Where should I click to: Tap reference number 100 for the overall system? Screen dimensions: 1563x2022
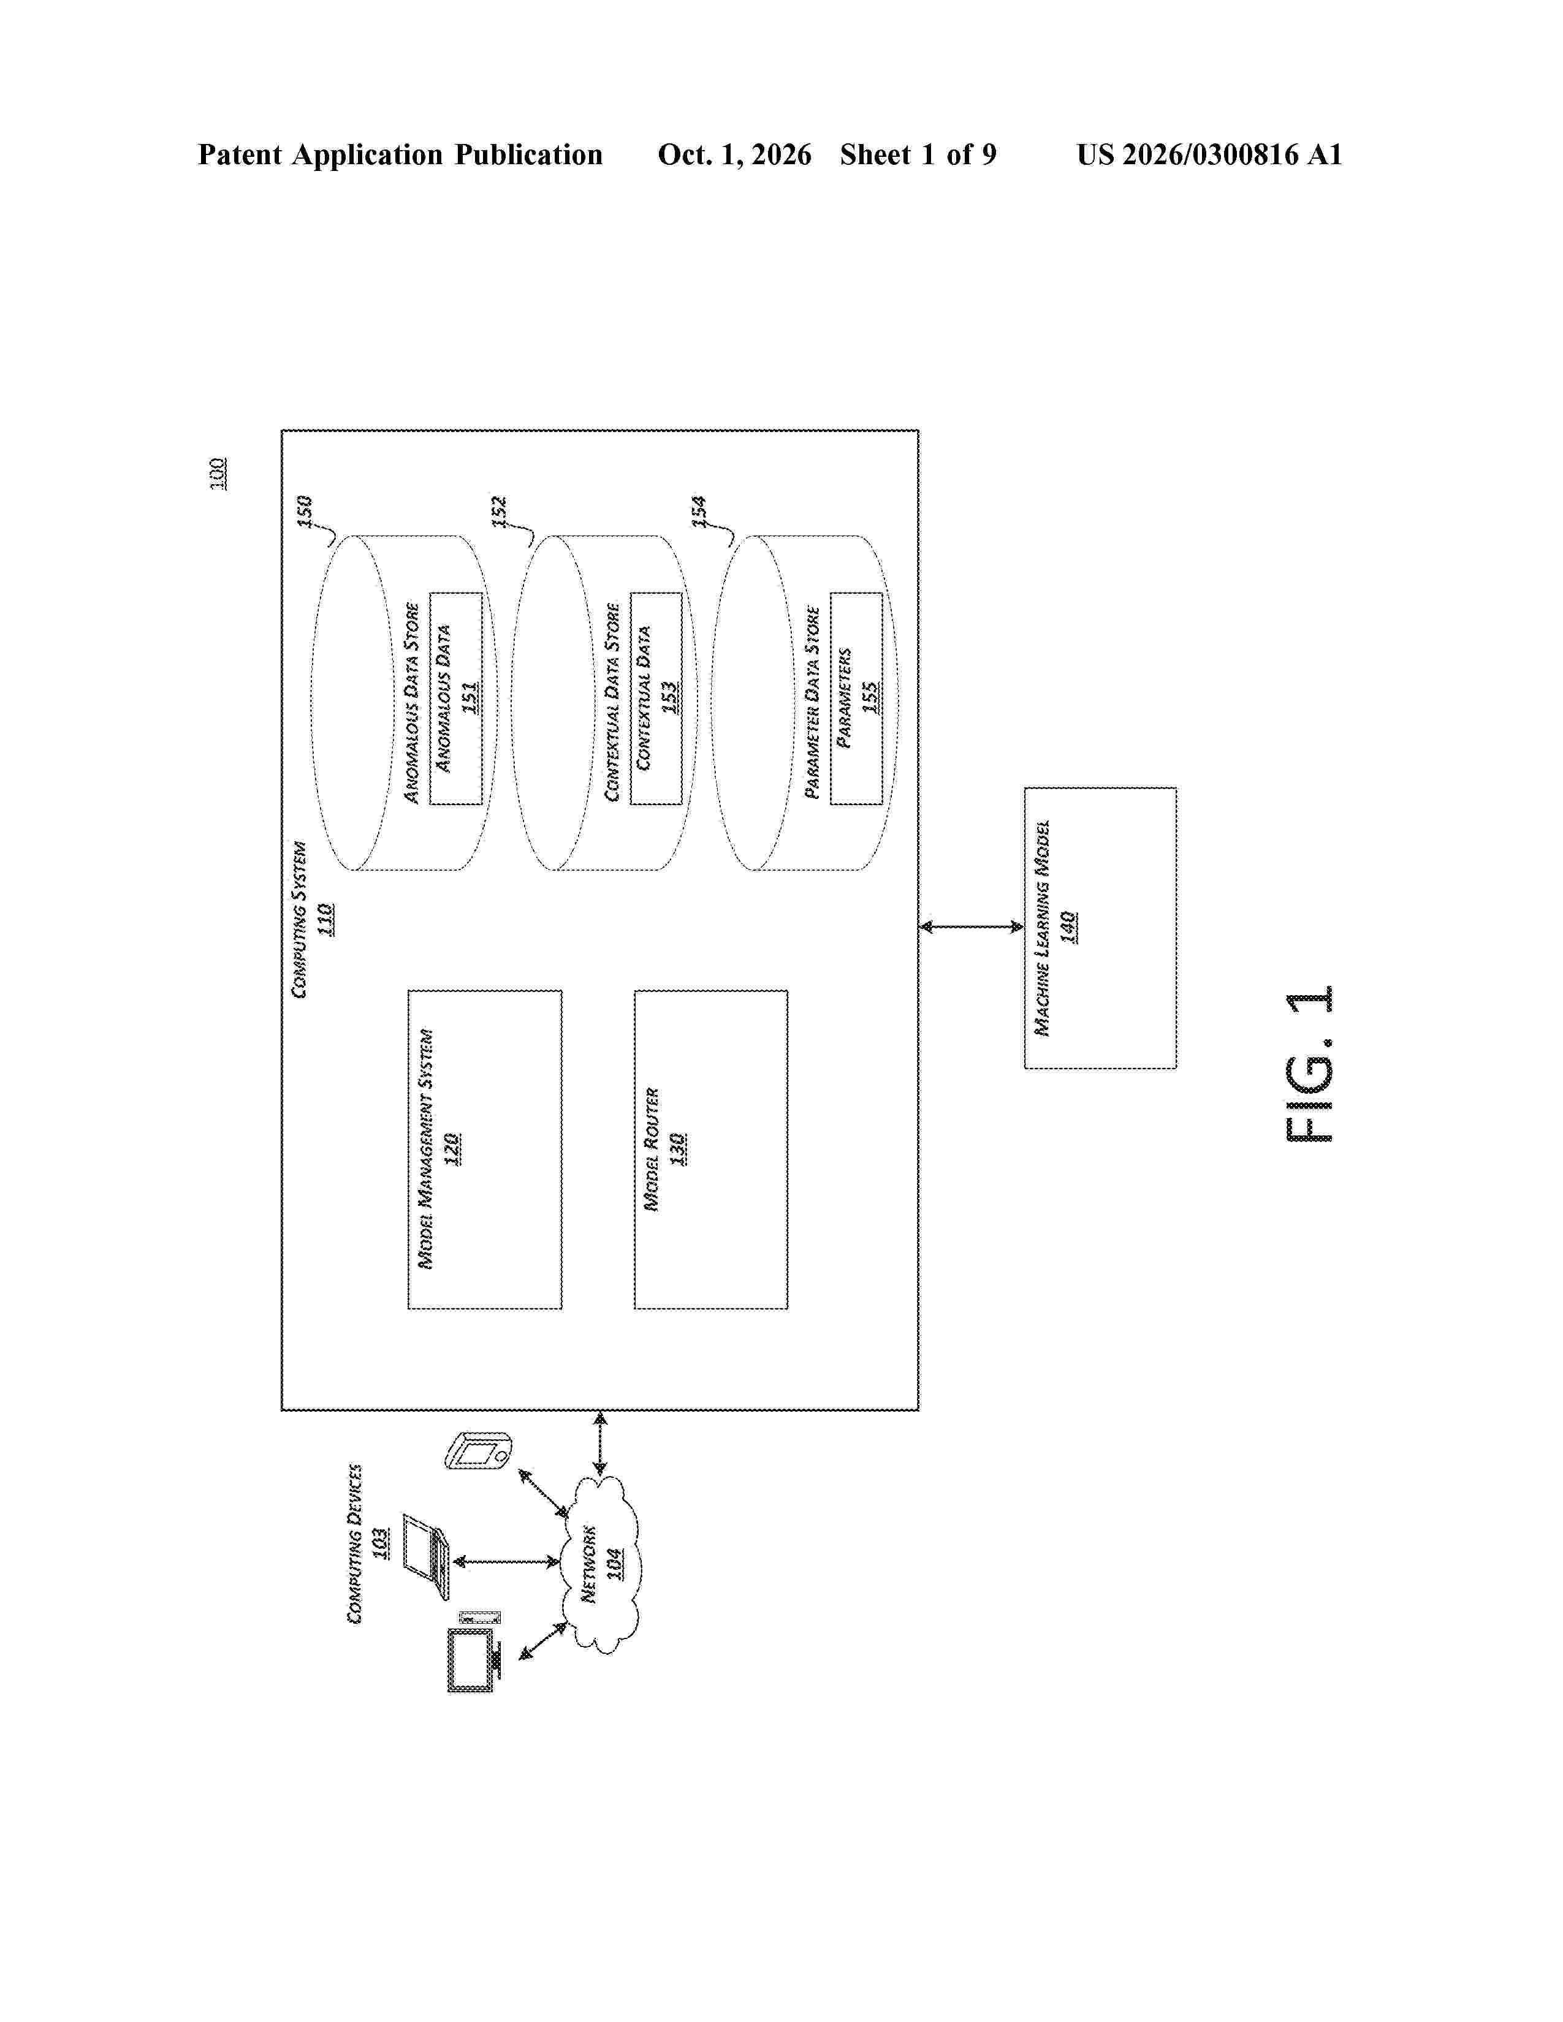coord(219,473)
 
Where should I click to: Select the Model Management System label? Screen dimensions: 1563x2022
coord(426,1149)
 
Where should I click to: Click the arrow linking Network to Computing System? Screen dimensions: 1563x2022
coord(600,1442)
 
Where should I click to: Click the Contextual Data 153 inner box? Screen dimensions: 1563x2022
coord(656,698)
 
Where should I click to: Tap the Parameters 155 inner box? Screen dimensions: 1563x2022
coord(856,698)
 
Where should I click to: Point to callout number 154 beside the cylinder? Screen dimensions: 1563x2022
coord(700,511)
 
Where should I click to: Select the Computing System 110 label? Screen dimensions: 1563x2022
coord(312,919)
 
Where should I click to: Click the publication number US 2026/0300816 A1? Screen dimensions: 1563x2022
coord(1209,154)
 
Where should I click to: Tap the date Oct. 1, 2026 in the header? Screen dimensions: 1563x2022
coord(734,154)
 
